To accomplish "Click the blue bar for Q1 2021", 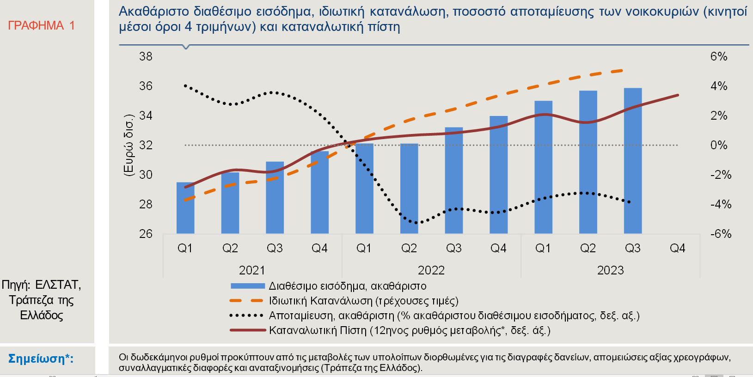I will click(x=185, y=208).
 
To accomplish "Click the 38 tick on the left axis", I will click(x=146, y=57).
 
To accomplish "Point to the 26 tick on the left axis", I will click(x=146, y=234).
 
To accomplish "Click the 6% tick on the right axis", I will click(x=719, y=57).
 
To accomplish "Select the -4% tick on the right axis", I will click(x=721, y=204).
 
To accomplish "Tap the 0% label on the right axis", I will click(x=719, y=145).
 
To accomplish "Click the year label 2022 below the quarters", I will click(x=431, y=270).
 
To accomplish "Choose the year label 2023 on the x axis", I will click(x=610, y=270).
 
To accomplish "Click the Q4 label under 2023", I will click(x=677, y=249).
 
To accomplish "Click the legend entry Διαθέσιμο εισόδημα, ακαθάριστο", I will click(x=347, y=286).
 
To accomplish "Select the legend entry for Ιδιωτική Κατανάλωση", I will click(x=363, y=301).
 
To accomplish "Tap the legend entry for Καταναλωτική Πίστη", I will click(x=410, y=331).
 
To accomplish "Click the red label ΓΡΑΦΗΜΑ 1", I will click(x=41, y=25).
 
